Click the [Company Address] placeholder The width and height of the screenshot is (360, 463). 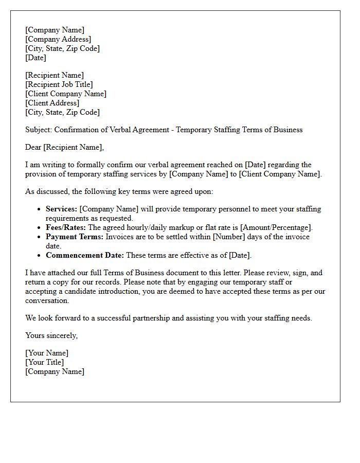(x=58, y=39)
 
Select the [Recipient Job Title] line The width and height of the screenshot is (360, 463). (x=59, y=84)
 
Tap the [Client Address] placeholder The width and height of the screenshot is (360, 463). (x=52, y=103)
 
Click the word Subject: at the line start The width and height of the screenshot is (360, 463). (x=39, y=130)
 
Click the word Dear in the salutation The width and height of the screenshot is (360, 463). (x=33, y=147)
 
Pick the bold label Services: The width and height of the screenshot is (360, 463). (x=62, y=209)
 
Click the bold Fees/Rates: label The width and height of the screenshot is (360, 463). (x=66, y=227)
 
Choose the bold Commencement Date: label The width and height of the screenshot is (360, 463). (x=85, y=255)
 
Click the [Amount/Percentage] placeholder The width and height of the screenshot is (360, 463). (x=276, y=227)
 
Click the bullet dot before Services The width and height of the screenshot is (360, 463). (x=40, y=209)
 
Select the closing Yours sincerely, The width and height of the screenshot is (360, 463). (x=51, y=335)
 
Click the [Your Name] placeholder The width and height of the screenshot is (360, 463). (x=47, y=353)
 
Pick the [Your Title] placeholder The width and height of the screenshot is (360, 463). (x=45, y=362)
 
